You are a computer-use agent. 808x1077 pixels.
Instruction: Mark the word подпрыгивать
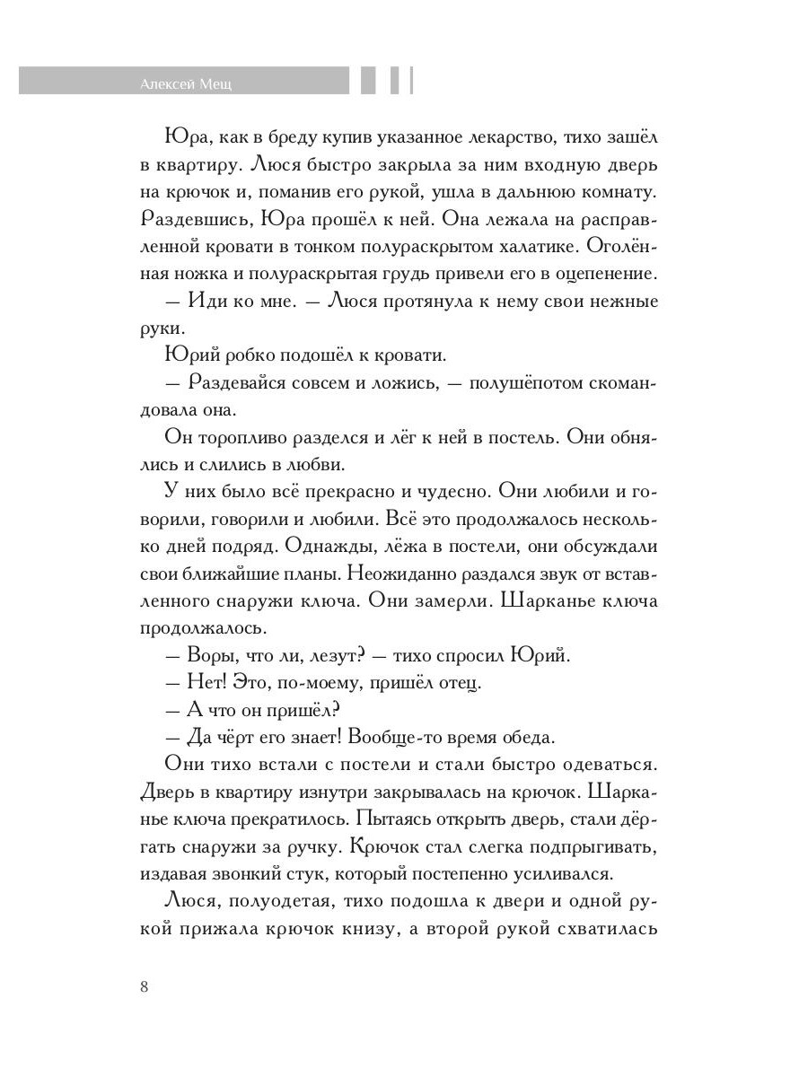tap(578, 845)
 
